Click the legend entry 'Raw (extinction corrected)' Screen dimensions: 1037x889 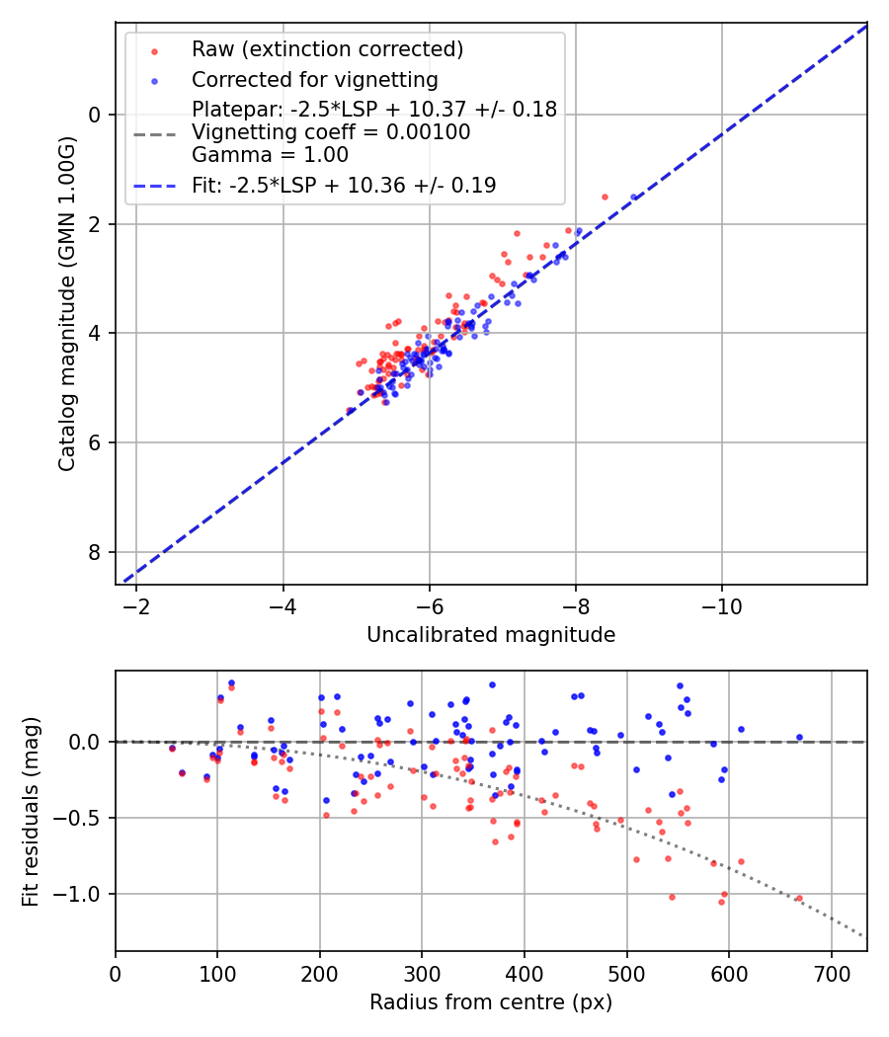coord(327,49)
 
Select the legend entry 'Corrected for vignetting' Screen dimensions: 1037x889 coord(314,80)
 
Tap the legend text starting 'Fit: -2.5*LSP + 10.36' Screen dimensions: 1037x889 coord(344,186)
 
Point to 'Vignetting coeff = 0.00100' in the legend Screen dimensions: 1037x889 coord(331,132)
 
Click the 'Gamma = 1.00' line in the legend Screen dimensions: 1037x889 coord(270,155)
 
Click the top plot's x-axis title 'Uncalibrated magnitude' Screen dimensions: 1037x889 coord(491,635)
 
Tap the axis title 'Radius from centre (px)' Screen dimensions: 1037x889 coord(491,1002)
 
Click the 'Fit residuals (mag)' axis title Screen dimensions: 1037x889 coord(31,811)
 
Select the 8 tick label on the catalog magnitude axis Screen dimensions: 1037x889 coord(96,552)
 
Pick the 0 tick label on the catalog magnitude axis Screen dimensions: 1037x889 coord(96,115)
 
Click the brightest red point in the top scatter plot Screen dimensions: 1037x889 coord(605,197)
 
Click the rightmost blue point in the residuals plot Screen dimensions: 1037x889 coord(799,737)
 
